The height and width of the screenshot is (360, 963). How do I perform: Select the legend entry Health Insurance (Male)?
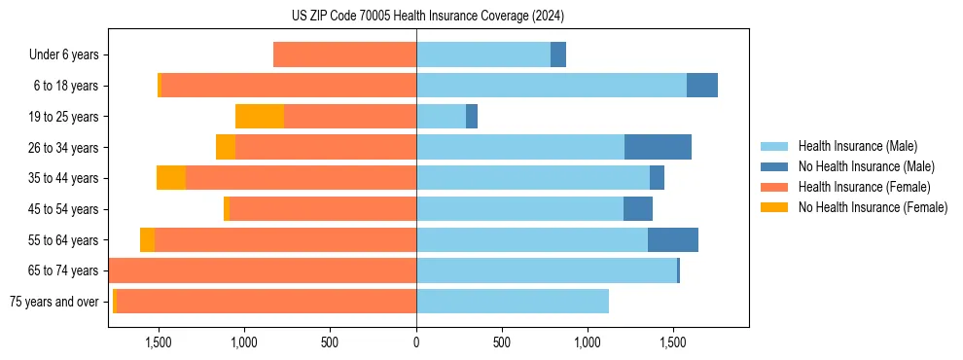(x=857, y=146)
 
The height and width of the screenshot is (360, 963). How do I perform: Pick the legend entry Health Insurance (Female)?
(x=864, y=187)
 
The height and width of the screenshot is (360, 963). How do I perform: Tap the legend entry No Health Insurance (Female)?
(x=873, y=207)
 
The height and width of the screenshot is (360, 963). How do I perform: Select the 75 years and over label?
(x=53, y=302)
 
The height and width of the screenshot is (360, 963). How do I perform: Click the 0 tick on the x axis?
(x=416, y=342)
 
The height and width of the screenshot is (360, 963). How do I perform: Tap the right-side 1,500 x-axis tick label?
(x=673, y=342)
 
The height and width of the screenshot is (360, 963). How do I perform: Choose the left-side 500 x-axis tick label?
(x=330, y=342)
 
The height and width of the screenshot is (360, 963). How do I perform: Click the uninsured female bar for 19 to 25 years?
(x=260, y=117)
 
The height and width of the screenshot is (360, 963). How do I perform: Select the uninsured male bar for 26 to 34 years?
(x=658, y=147)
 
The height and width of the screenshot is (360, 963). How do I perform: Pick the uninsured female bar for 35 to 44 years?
(x=171, y=178)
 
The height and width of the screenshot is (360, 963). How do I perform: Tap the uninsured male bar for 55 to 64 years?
(x=673, y=240)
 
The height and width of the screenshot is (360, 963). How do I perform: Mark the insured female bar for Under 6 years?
(x=344, y=55)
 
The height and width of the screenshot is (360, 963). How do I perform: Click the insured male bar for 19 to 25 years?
(x=442, y=117)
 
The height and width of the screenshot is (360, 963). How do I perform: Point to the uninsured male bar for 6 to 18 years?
(x=702, y=86)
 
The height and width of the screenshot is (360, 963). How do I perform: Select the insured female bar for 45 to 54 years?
(x=323, y=209)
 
